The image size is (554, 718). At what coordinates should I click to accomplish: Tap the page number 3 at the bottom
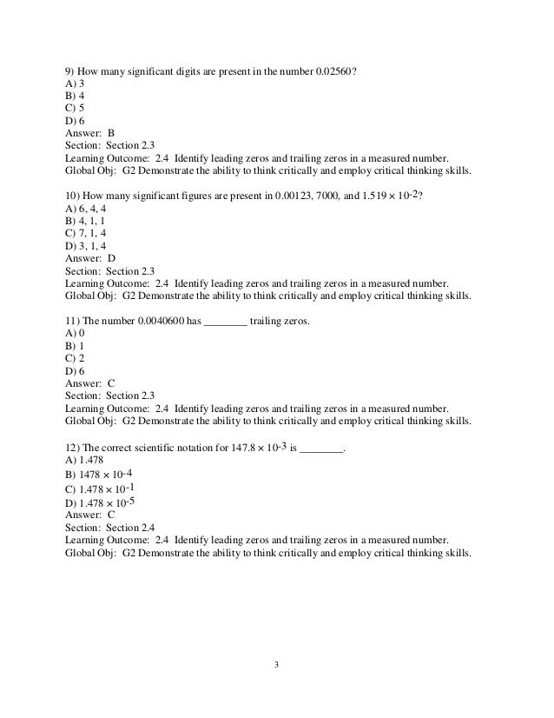click(276, 666)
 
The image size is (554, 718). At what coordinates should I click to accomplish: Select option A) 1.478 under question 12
click(85, 463)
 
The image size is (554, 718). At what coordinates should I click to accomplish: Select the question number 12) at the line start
click(73, 450)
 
